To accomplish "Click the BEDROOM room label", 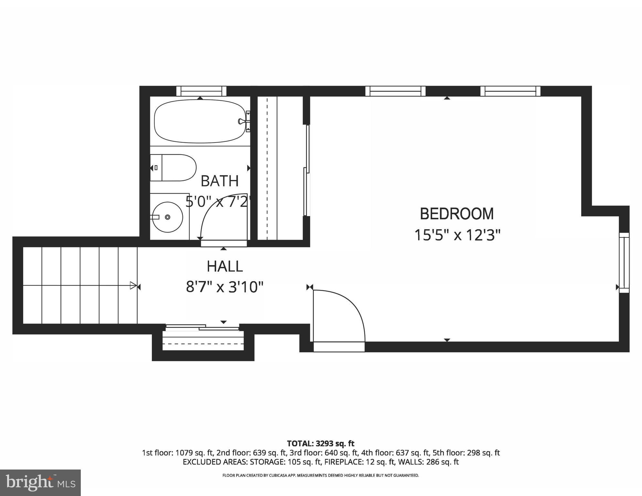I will click(x=457, y=214).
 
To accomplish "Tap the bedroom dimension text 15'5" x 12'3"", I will click(x=457, y=235).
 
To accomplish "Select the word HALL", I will click(x=225, y=266).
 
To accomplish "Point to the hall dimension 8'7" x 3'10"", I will click(x=225, y=287).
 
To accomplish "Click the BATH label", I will click(x=219, y=181).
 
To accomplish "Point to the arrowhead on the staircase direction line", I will click(x=133, y=285).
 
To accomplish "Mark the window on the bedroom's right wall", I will click(x=624, y=263).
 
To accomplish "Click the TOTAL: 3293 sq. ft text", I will click(x=321, y=443).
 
